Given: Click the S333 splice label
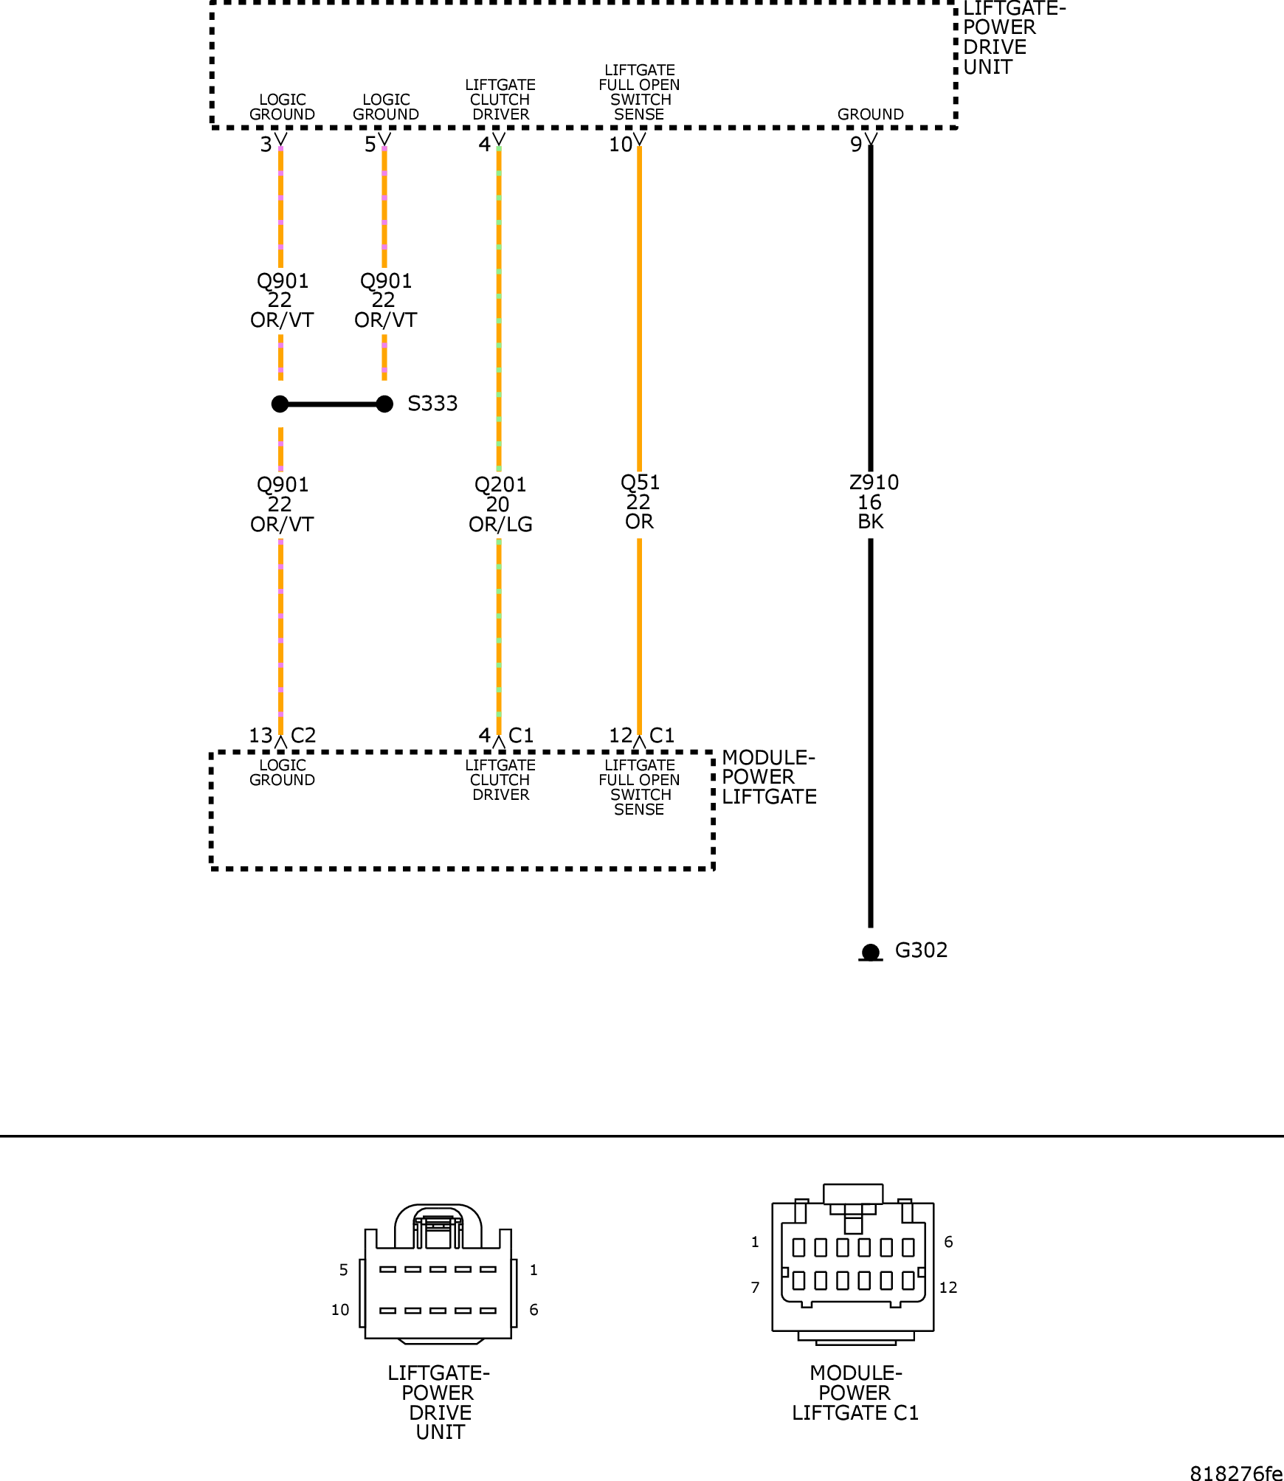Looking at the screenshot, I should click(432, 404).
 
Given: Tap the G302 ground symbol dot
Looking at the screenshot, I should click(871, 952).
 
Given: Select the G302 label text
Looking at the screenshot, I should click(921, 950).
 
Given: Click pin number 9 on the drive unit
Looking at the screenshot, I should click(856, 145).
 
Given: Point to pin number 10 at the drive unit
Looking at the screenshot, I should click(621, 145).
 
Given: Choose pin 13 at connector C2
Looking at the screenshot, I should click(260, 736).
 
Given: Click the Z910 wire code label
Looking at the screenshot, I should click(874, 483).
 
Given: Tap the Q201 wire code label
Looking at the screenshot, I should click(500, 485).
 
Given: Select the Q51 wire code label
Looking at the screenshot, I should click(640, 483).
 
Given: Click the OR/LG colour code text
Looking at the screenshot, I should click(500, 525).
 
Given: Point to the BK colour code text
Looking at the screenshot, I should click(871, 522).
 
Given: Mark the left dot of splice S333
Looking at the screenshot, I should click(280, 404).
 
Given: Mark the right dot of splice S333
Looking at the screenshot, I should click(384, 404).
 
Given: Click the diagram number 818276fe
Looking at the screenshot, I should click(1236, 1473).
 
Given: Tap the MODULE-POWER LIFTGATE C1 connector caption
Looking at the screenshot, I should click(855, 1392).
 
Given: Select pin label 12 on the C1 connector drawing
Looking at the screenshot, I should click(948, 1288).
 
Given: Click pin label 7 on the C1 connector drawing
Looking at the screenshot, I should click(755, 1288).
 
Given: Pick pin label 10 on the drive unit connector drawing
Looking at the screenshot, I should click(340, 1310).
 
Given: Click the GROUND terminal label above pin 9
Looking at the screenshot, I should click(871, 114).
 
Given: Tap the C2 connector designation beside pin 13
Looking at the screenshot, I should click(303, 736).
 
